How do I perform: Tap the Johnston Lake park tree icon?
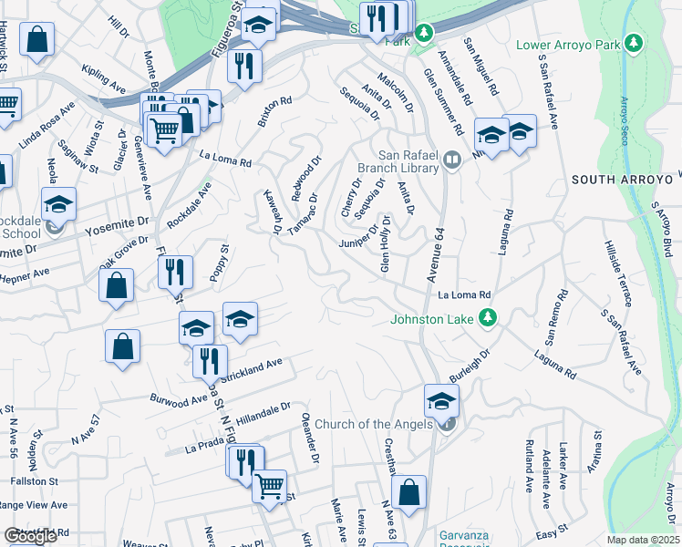point(489,317)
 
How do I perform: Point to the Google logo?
point(30,536)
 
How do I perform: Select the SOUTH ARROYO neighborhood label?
point(625,180)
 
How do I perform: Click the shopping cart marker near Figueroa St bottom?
point(269,485)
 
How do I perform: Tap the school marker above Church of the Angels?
point(441,399)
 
